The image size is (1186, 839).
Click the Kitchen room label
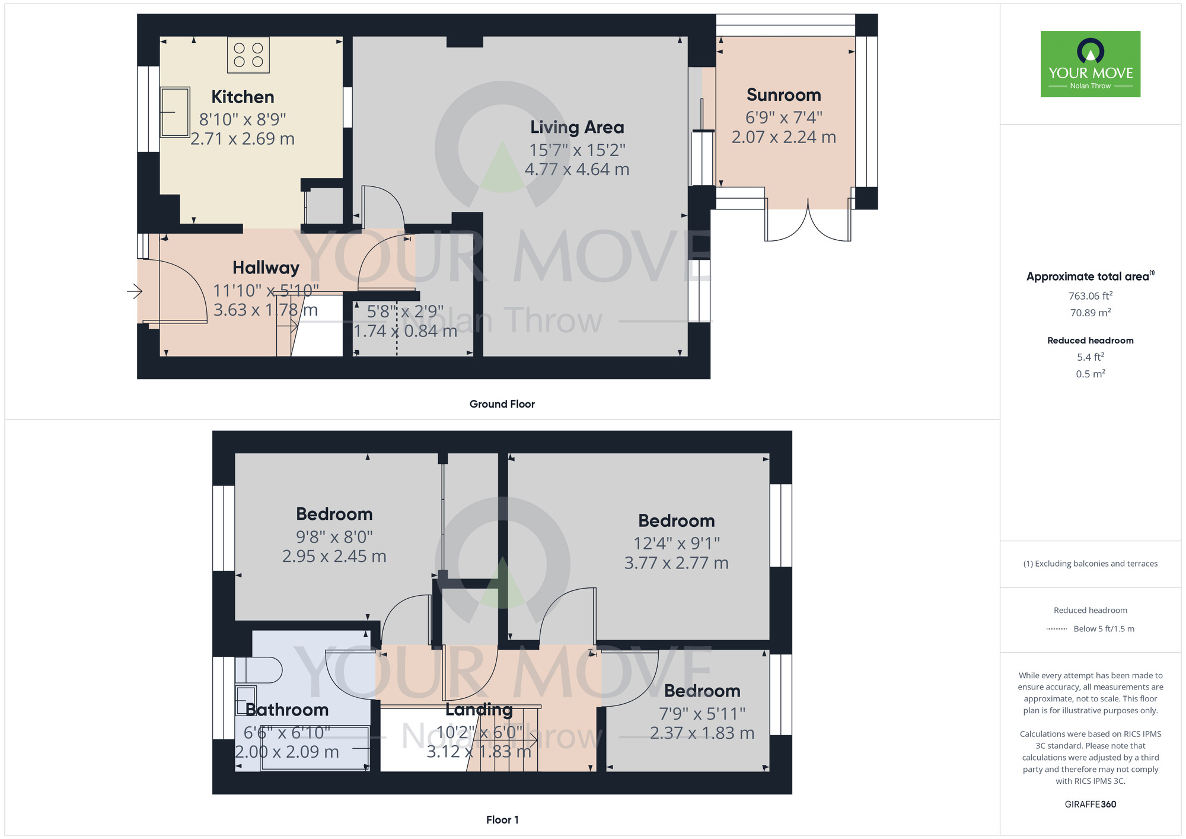click(243, 97)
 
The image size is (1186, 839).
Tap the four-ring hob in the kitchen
click(248, 55)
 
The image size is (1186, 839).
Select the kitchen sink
click(175, 112)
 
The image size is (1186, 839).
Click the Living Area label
click(577, 127)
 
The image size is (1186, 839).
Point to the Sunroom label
click(783, 95)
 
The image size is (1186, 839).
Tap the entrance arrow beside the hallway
click(135, 291)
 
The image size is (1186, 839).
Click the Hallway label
click(266, 268)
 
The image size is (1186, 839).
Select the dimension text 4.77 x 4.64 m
click(577, 170)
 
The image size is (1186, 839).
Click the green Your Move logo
click(1090, 64)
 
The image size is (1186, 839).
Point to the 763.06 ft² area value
click(1090, 295)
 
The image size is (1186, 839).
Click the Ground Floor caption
click(502, 404)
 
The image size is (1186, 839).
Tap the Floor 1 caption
click(502, 820)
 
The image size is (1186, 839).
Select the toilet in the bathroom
click(259, 670)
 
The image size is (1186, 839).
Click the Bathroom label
click(287, 710)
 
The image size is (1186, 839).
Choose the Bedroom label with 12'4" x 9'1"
click(676, 521)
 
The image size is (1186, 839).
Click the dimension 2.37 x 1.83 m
click(702, 733)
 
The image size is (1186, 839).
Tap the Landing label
click(479, 710)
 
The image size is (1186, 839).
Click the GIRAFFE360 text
click(1090, 805)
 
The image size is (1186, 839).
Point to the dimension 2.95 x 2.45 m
click(334, 557)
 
